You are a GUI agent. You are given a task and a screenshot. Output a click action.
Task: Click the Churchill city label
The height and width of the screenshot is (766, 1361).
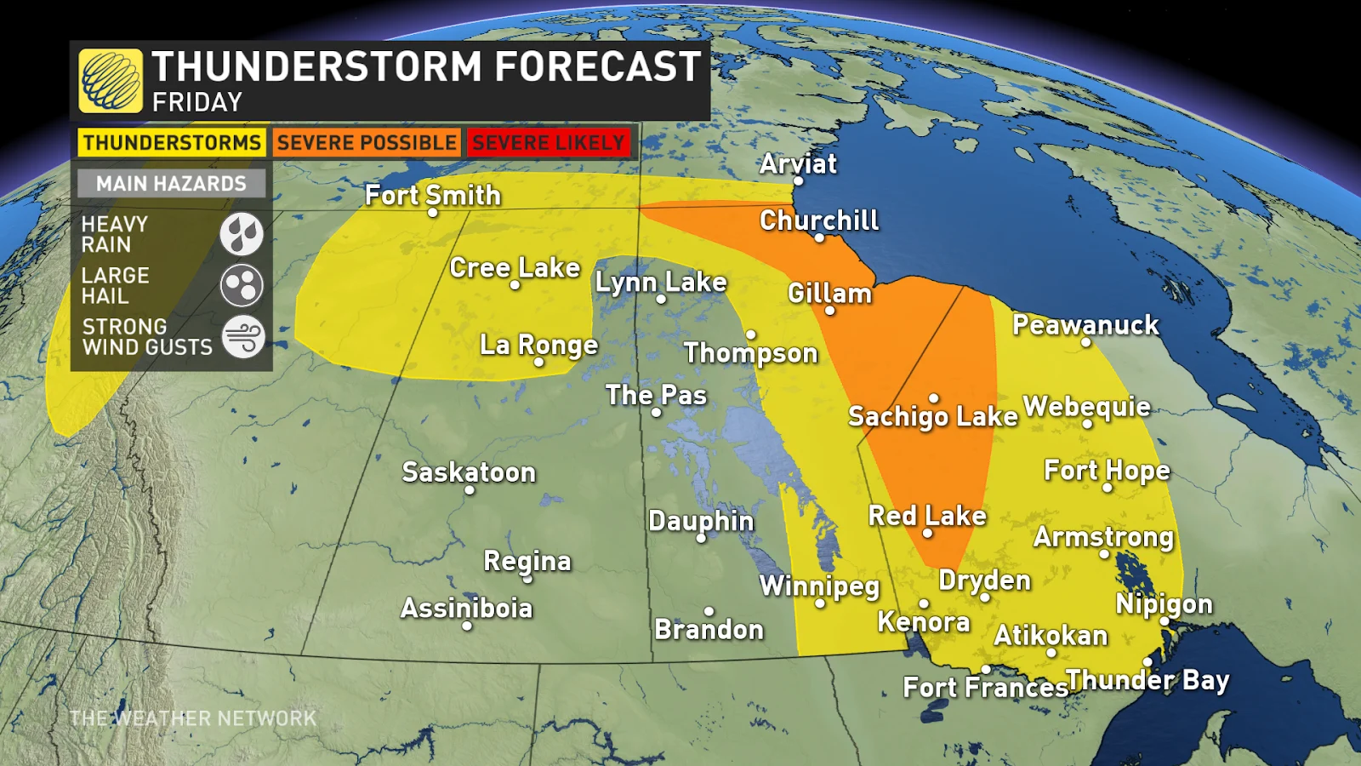coord(818,220)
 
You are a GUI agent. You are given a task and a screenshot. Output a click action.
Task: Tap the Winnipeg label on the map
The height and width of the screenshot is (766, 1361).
coord(819,586)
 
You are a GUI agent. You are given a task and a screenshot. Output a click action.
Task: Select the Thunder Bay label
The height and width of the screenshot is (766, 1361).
coord(1147,680)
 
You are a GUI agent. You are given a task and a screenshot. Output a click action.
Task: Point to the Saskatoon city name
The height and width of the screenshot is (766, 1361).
coord(469,472)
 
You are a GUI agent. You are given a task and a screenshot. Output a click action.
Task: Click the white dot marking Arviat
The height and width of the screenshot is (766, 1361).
coord(798,181)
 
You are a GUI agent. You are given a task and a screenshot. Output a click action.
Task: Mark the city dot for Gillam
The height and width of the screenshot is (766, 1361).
coord(829,311)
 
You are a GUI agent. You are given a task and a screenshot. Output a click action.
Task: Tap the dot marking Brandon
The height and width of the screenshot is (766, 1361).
coord(709,611)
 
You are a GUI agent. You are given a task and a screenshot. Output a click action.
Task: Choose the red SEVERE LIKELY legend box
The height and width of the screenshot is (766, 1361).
coord(549,143)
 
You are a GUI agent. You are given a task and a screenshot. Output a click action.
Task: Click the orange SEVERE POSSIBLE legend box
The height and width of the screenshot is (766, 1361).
coord(367,143)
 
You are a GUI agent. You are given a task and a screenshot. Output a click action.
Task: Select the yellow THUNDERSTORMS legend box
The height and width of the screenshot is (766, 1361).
coord(172,143)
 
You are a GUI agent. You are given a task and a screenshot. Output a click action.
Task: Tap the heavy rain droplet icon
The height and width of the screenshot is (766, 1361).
coord(242,234)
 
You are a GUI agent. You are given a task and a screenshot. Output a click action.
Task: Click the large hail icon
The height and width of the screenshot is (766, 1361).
coord(242,285)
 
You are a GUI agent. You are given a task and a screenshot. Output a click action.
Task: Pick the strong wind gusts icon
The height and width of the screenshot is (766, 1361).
coord(243,336)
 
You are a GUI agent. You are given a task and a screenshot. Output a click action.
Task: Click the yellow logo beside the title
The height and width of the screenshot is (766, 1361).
coord(111,81)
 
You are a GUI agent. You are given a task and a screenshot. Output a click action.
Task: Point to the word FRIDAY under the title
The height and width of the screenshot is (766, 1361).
coord(197,103)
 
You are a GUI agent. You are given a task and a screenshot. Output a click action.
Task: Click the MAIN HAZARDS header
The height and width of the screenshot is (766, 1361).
coord(171,184)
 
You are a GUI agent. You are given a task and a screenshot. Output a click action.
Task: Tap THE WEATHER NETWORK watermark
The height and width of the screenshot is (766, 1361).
coord(193,719)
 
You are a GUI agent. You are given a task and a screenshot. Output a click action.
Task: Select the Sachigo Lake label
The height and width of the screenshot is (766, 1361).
coord(932,416)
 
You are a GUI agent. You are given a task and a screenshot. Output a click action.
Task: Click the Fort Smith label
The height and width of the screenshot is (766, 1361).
coord(432,195)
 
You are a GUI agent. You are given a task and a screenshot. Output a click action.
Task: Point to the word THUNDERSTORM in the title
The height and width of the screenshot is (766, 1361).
coord(317,66)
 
